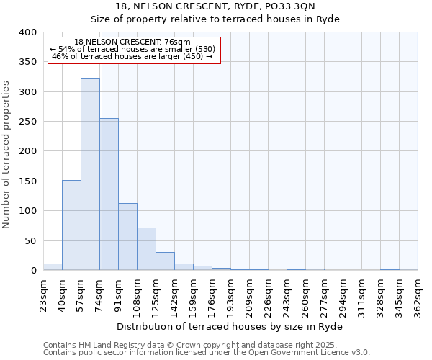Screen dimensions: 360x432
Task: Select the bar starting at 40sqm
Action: [x=71, y=225]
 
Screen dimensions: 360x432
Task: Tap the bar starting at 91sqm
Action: [x=127, y=237]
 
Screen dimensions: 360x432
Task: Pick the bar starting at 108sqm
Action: [x=146, y=249]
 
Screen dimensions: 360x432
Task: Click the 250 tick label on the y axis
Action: [x=28, y=122]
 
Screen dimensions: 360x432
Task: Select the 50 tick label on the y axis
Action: [x=31, y=240]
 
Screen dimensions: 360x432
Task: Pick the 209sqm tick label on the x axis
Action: [x=249, y=296]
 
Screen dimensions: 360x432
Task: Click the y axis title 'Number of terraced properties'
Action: [x=7, y=155]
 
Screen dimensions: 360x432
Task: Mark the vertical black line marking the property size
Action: [x=102, y=158]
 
